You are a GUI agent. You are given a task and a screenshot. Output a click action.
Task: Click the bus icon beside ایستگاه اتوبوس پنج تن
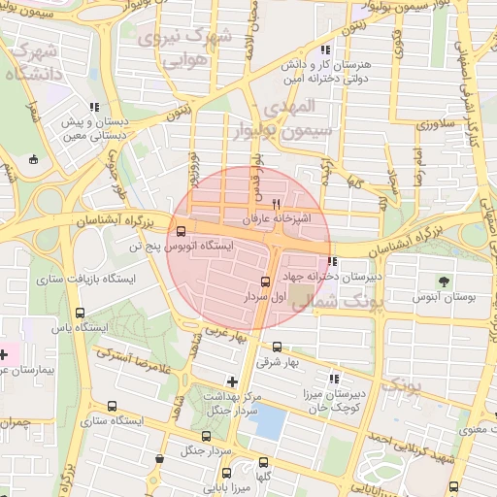coord(182,230)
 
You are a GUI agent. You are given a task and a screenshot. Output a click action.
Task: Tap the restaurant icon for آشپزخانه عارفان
coord(277,204)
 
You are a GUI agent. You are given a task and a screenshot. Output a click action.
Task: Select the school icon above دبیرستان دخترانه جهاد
coord(333,261)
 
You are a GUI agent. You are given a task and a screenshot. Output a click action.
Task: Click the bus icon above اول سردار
coord(266,282)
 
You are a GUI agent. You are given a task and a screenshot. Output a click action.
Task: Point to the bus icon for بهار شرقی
coord(278,347)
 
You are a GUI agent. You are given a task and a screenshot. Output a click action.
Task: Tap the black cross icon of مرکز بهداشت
coord(231,382)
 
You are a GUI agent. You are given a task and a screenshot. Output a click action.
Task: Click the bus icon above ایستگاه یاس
coord(80,314)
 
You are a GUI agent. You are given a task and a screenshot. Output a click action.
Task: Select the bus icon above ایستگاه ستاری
coord(112,407)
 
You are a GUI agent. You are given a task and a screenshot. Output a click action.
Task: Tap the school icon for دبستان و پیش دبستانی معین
coord(94,108)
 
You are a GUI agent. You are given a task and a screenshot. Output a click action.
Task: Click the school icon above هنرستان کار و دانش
coord(324,49)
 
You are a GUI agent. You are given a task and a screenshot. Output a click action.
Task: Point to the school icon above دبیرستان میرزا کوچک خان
coord(335,379)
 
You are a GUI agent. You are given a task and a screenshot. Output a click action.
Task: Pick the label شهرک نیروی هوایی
coord(184,49)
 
